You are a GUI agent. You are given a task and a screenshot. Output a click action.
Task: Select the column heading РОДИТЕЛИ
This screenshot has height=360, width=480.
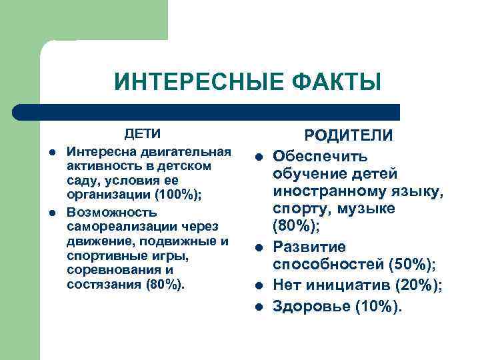(x=349, y=135)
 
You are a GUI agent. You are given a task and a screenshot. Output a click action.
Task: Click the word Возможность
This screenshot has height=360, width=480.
(x=112, y=213)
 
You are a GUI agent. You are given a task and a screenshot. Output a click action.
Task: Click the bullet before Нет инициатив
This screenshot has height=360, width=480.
(x=258, y=287)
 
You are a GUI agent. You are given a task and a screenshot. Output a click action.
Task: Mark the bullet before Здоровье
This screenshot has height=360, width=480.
(x=258, y=307)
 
